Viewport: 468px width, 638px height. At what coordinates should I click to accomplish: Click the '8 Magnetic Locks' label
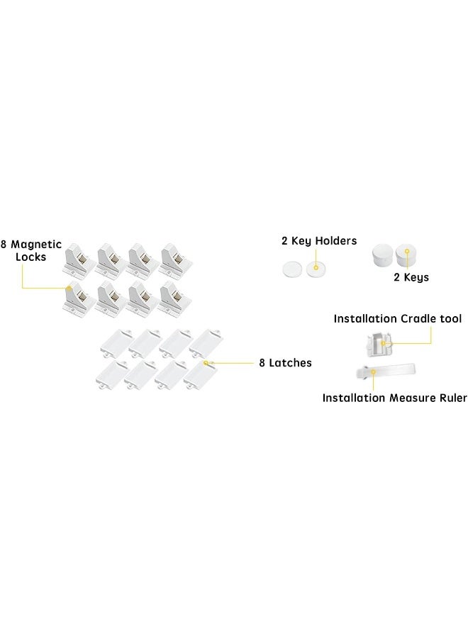point(31,251)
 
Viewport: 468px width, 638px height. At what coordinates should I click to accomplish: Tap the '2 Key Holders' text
point(319,241)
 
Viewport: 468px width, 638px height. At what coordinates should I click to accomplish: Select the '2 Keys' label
point(411,277)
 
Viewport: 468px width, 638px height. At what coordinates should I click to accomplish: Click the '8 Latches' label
point(285,363)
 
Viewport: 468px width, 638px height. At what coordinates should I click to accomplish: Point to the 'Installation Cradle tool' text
point(398,318)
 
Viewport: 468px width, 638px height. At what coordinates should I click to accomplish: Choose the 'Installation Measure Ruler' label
point(394,398)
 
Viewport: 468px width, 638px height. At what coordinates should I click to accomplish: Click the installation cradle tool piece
point(379,345)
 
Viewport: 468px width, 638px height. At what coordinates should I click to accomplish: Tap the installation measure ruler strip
point(385,371)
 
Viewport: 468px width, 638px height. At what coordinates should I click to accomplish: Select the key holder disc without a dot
point(293,269)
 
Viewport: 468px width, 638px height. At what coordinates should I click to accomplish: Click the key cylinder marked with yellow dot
point(406,254)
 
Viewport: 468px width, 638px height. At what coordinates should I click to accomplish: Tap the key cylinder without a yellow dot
point(382,254)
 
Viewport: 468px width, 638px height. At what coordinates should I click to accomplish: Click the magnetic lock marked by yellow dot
point(79,298)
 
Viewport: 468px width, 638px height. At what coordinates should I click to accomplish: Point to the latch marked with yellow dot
point(201,374)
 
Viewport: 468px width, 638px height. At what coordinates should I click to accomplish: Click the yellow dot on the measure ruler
point(373,371)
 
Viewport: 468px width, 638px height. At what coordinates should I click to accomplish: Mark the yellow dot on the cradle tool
point(383,343)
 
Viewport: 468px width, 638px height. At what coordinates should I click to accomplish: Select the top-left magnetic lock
point(79,261)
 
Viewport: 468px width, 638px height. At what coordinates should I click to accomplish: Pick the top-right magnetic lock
point(176,261)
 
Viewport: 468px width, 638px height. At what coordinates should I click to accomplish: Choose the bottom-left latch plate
point(113,375)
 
